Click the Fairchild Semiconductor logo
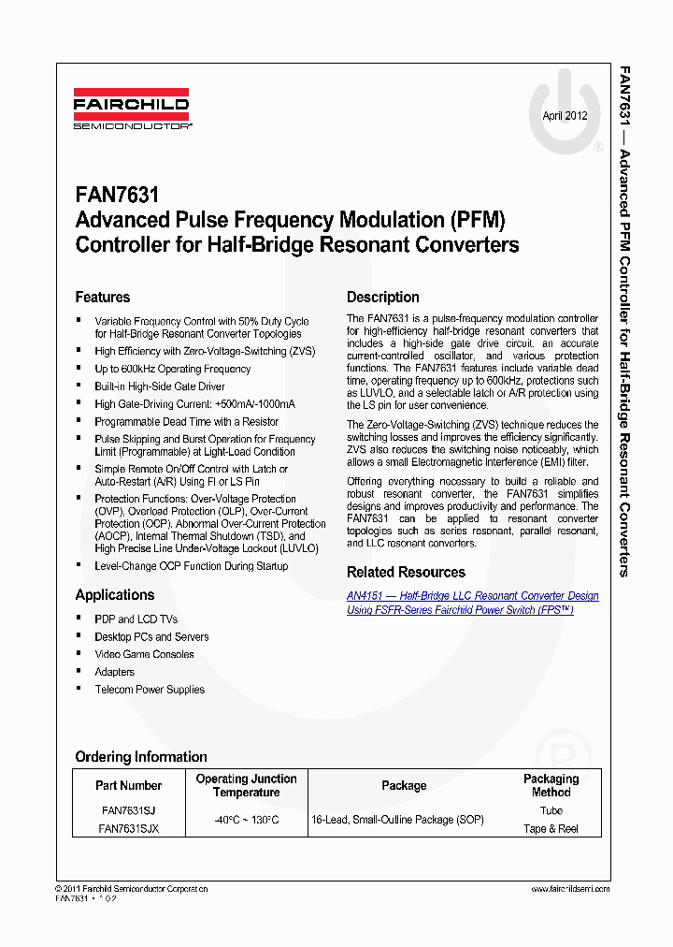click(132, 110)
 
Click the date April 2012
click(565, 116)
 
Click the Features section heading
click(103, 297)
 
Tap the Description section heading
click(383, 297)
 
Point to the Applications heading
click(115, 595)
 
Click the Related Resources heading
click(406, 572)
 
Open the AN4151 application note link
click(472, 603)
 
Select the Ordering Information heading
click(141, 756)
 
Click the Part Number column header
click(129, 786)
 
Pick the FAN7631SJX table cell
click(129, 828)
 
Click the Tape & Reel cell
click(551, 828)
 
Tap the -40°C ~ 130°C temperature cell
click(246, 820)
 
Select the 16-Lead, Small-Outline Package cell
click(397, 820)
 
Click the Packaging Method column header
click(551, 785)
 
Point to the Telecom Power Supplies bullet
click(150, 690)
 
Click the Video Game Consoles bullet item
click(144, 654)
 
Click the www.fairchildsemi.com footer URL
click(570, 888)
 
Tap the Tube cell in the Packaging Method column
click(551, 811)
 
